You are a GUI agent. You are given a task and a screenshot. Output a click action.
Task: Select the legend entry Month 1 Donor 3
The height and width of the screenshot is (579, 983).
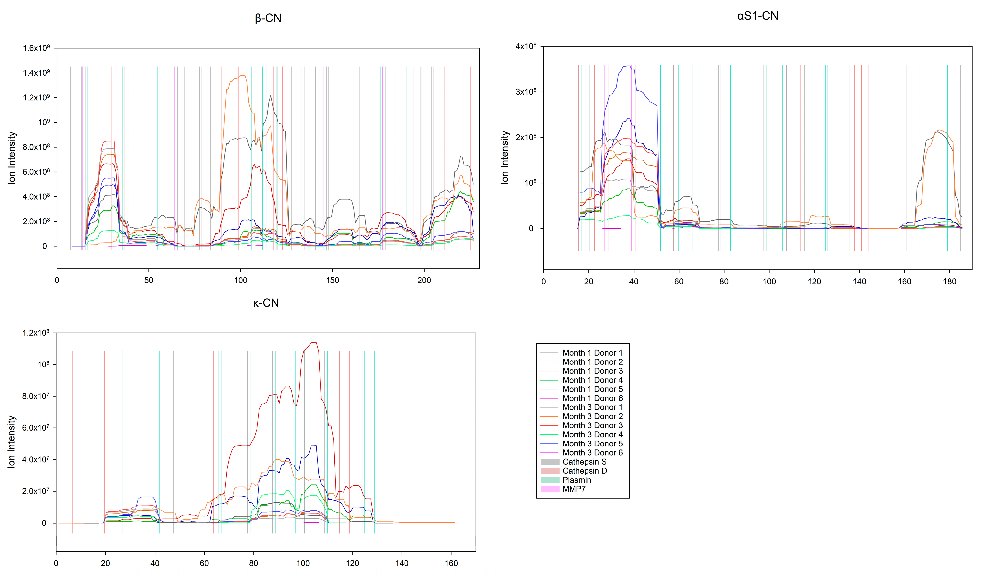[x=592, y=371]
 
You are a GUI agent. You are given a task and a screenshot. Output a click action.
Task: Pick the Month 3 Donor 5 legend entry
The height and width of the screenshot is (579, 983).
[x=592, y=444]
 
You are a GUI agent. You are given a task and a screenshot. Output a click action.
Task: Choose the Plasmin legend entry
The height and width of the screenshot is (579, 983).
[x=577, y=480]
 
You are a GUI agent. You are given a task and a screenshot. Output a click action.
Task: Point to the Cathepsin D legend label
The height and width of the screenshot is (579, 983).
[x=584, y=471]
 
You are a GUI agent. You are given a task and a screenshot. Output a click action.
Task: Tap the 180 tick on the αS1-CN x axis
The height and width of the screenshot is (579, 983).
[x=950, y=282]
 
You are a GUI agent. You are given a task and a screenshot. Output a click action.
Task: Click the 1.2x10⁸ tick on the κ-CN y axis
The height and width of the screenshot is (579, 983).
[x=36, y=333]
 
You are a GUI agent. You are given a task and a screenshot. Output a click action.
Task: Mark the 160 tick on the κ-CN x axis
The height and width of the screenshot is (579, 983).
[x=451, y=563]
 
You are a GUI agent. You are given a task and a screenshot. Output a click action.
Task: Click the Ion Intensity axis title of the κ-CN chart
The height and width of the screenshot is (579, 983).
[x=12, y=442]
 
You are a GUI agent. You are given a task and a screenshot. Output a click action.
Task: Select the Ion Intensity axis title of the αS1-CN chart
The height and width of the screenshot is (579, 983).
[x=505, y=157]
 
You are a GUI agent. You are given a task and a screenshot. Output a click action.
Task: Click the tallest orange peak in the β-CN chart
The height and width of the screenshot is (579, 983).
[x=243, y=75]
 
